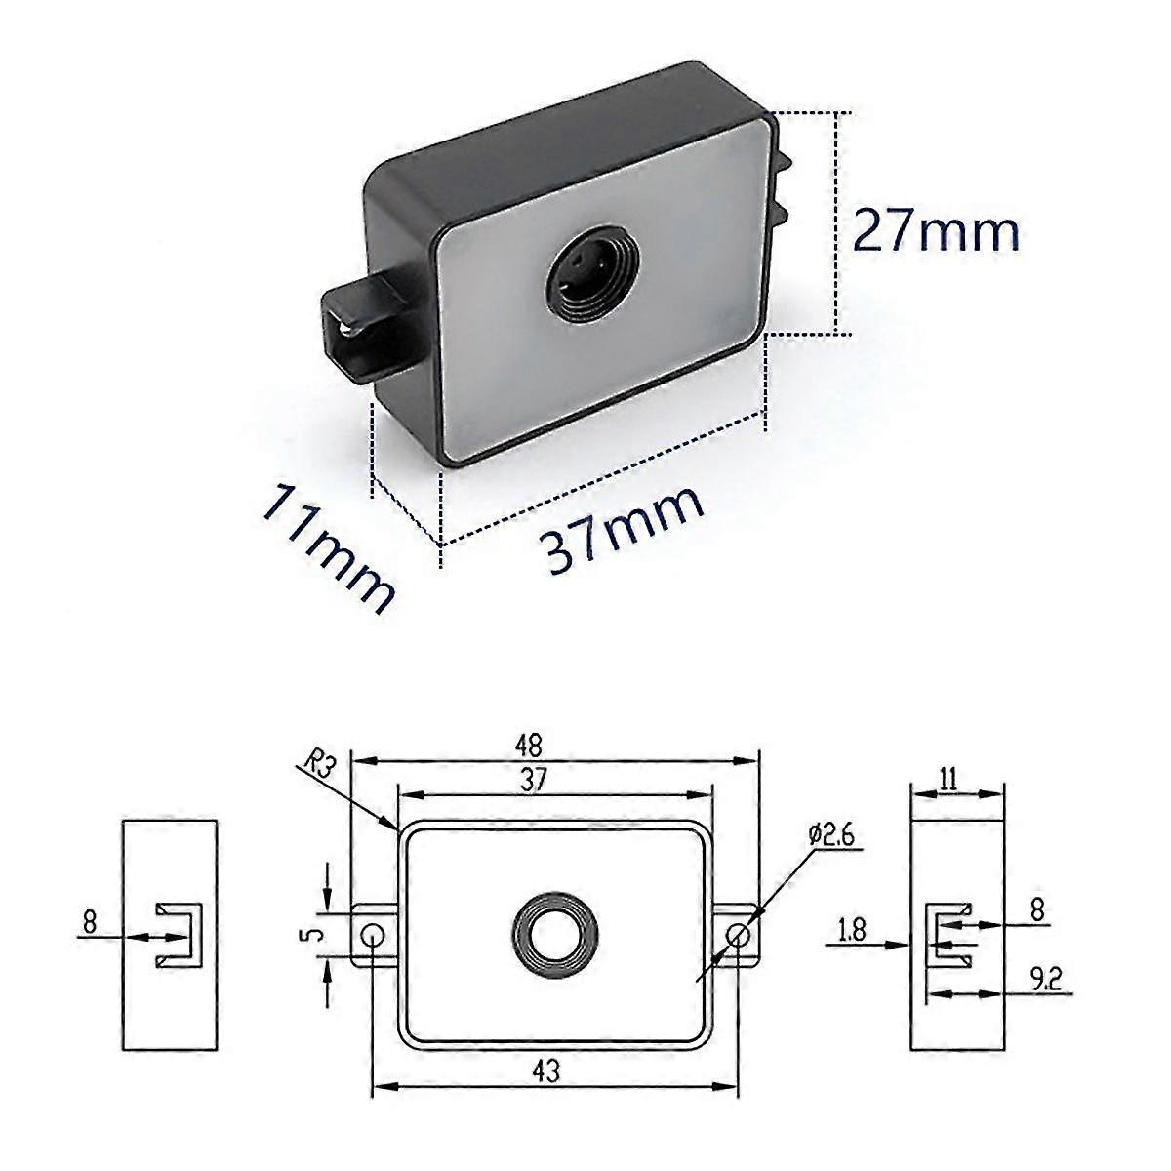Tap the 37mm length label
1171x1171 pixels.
click(x=623, y=527)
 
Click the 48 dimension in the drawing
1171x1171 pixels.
click(x=556, y=746)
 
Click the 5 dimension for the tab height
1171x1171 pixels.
click(x=311, y=935)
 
